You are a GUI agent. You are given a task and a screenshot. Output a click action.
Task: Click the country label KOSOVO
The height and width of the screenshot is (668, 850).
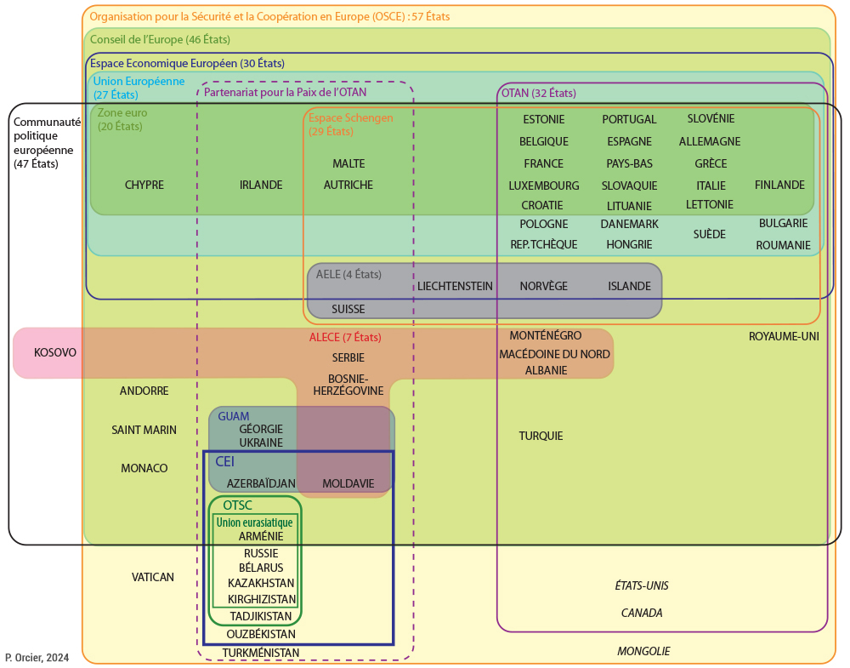(55, 352)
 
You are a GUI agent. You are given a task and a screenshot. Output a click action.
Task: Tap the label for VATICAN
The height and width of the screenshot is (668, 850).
(153, 577)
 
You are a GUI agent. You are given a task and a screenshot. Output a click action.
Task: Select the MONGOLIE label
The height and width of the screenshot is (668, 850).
(643, 651)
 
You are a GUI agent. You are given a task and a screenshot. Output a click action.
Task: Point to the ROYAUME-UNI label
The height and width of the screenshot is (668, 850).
(784, 336)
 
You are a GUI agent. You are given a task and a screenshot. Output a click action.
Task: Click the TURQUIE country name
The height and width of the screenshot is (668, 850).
(541, 436)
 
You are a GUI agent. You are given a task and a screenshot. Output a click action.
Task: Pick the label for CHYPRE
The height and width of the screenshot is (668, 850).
(144, 185)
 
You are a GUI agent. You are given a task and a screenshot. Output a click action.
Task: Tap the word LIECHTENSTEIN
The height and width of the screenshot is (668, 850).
(455, 286)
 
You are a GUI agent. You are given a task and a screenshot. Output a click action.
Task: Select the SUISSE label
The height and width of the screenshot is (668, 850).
(348, 309)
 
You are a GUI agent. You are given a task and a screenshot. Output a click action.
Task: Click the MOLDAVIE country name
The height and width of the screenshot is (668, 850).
(348, 483)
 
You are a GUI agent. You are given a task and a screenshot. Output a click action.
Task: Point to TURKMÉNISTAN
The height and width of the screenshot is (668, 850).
(261, 653)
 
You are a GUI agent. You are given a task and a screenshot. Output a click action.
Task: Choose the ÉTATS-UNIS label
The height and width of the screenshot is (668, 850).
(642, 585)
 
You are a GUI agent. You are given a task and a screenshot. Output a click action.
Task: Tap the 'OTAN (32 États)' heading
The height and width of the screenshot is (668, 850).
(538, 93)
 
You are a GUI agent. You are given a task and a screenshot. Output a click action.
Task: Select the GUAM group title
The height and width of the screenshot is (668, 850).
(234, 416)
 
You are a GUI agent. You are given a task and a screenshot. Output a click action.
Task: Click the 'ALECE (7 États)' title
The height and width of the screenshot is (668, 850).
(346, 338)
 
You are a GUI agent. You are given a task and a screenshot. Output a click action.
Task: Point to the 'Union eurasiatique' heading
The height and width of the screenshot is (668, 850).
(254, 522)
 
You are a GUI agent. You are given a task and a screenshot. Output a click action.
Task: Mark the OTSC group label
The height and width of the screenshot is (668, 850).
(237, 505)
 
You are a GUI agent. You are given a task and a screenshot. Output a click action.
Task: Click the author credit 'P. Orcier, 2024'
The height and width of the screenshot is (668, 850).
(37, 658)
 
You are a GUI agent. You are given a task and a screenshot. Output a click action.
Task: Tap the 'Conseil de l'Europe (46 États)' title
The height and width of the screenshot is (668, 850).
(160, 39)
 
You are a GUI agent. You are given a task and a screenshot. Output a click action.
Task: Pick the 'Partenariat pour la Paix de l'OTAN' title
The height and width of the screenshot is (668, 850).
(286, 92)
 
